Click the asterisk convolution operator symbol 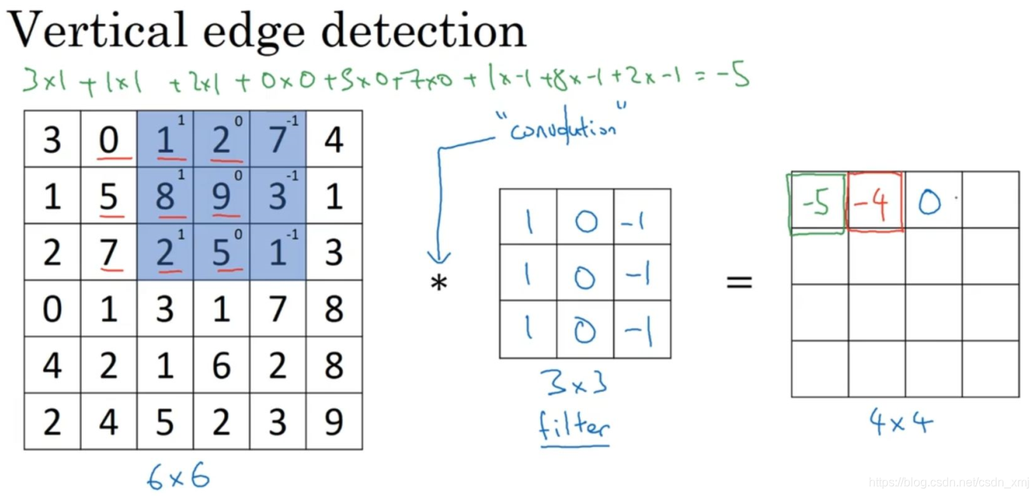point(439,285)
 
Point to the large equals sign point(739,282)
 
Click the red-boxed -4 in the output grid point(875,203)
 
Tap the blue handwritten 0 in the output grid point(930,203)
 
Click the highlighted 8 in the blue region point(164,197)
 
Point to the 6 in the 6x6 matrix point(221,366)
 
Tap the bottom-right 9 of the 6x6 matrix point(334,422)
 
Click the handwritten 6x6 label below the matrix point(178,477)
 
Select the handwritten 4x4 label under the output point(901,423)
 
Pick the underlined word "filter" point(574,428)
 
